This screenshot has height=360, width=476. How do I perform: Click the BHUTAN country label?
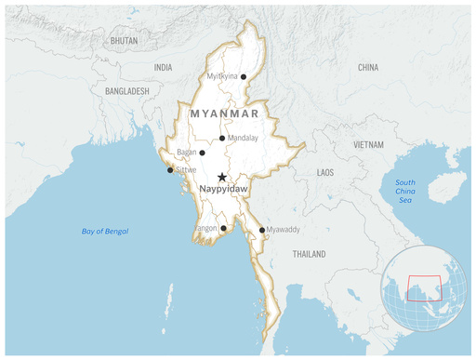pos(124,42)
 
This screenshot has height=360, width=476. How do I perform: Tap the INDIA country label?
pos(163,68)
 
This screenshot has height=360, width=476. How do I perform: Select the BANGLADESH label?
pos(127,91)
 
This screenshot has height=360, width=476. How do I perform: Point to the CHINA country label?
pos(368,68)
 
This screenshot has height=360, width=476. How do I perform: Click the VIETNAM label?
pos(367,145)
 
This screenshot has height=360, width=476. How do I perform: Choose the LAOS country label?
pos(325,173)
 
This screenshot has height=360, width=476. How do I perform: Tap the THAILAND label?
pos(309,254)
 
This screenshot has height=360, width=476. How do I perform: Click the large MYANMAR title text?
pos(224,113)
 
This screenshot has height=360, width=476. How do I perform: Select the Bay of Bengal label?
pos(104,231)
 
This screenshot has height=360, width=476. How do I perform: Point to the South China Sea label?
pos(405,192)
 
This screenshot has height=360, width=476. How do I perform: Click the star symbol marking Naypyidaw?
pos(221,177)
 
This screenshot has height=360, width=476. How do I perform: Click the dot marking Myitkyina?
pos(244,77)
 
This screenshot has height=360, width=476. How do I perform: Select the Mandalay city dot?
pos(221,139)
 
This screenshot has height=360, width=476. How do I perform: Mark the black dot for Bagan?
pos(202,153)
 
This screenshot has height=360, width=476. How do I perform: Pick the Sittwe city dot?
pos(169,170)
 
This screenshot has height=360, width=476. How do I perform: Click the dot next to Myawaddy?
pos(261,230)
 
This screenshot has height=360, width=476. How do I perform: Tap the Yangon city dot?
pos(224,228)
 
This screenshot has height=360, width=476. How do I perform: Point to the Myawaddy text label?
pos(284,230)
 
